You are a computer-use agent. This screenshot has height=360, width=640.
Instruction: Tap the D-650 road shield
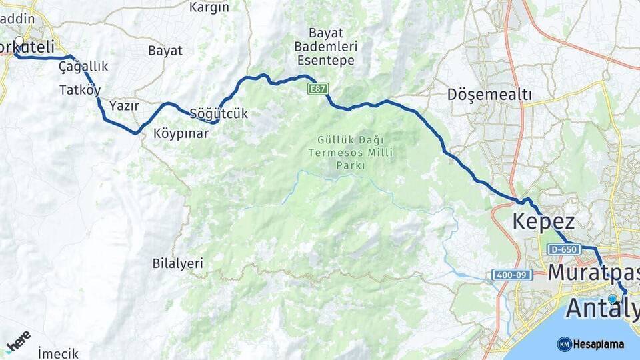pos(562,249)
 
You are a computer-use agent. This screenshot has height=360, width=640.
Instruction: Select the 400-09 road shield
pos(513,275)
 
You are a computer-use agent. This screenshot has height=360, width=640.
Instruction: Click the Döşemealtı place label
pos(490,95)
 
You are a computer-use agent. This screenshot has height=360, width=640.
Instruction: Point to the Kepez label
pos(543,221)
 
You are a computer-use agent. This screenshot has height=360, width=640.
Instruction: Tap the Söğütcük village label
pos(219,113)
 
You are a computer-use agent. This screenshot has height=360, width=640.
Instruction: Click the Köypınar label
pos(181,133)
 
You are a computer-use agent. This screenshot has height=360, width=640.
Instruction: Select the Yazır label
pos(123,105)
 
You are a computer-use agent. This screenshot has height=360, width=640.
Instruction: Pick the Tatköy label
pos(80,89)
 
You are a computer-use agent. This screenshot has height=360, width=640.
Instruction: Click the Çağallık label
pos(83,67)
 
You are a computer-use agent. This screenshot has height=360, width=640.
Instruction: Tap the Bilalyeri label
pos(177,263)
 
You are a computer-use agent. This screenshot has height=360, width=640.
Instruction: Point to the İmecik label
pos(58,353)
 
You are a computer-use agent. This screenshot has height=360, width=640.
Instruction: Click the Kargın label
pos(209,8)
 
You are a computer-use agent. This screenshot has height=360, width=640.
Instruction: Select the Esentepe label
pos(325,61)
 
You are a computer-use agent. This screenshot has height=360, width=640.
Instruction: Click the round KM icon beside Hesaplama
pos(564,344)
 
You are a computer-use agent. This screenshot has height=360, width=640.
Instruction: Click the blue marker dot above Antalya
pos(612,299)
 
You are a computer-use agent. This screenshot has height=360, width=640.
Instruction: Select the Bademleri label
pos(325,47)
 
